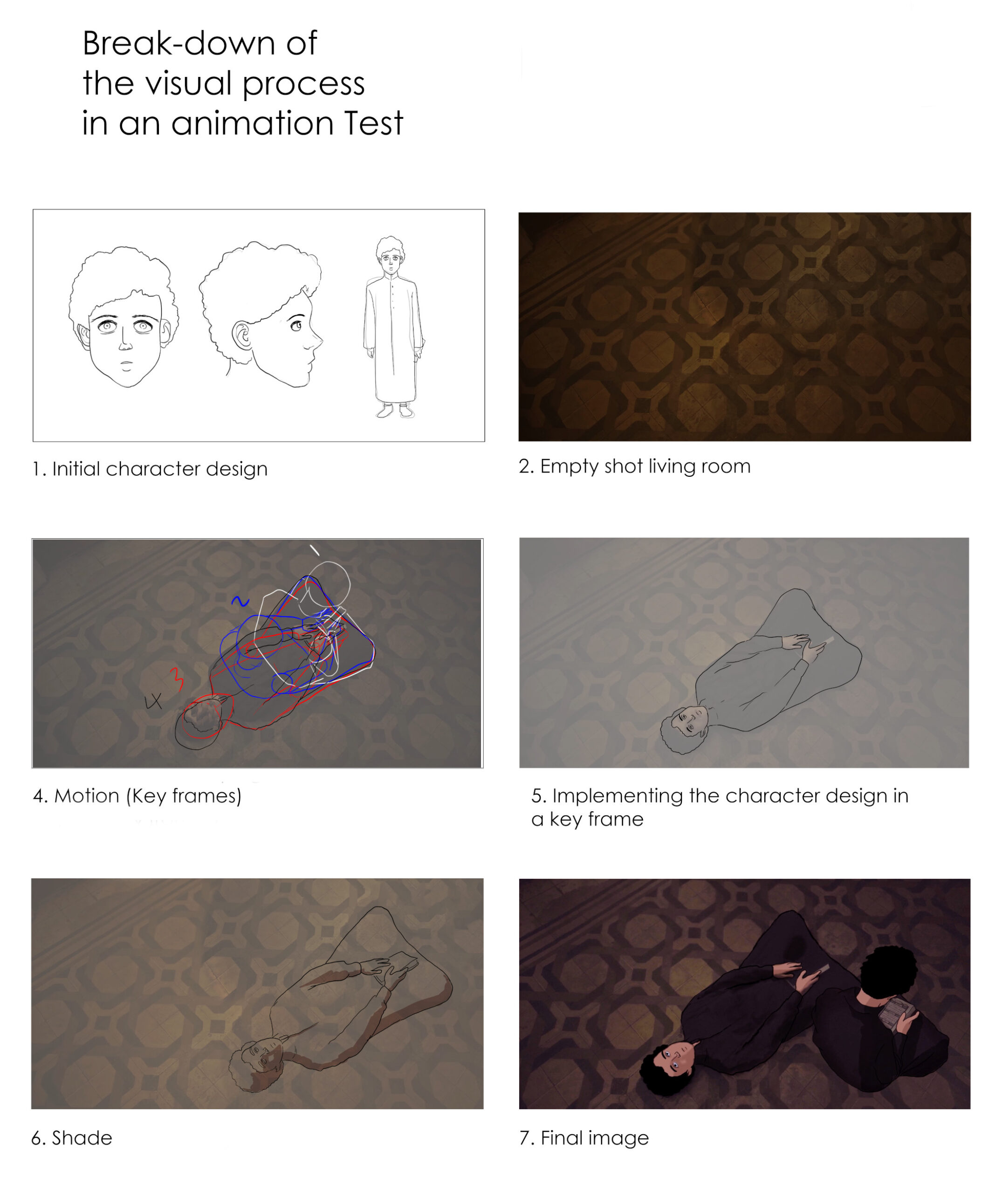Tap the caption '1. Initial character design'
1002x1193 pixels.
(150, 469)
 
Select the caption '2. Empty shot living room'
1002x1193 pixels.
(634, 466)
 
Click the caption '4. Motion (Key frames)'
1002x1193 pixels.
(137, 796)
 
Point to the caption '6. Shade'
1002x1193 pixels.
(72, 1138)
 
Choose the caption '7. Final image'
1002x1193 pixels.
(584, 1138)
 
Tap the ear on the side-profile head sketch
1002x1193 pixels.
(244, 335)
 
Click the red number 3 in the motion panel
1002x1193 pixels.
(178, 679)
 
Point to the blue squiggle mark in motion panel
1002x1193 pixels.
(240, 601)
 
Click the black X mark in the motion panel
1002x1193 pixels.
(153, 702)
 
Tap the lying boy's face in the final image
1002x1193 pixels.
(677, 1057)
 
